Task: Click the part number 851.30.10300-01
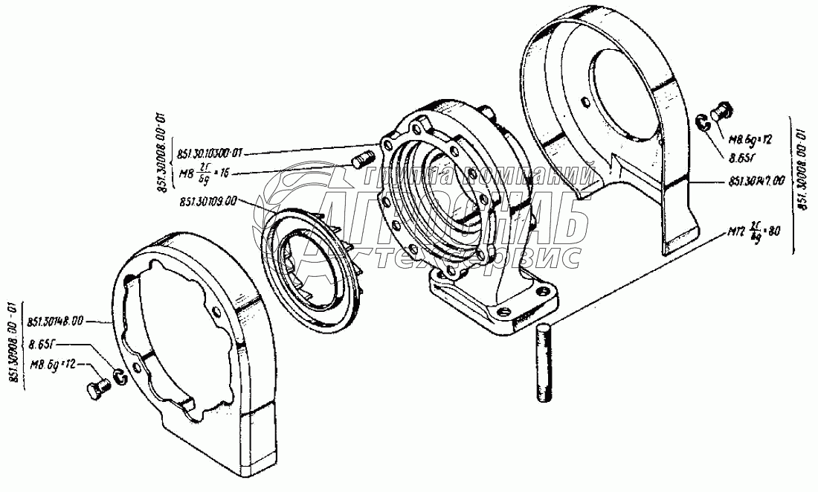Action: tap(210, 154)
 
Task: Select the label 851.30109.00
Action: tap(208, 202)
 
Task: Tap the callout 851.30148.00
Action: tap(56, 322)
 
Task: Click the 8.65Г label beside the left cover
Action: tap(43, 345)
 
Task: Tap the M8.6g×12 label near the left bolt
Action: tap(54, 364)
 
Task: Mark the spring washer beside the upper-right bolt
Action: tap(702, 123)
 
